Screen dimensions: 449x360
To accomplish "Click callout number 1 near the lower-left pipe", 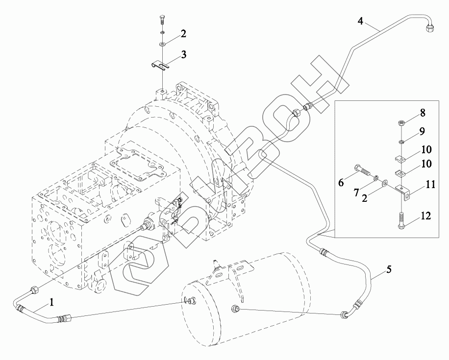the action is click(x=52, y=302).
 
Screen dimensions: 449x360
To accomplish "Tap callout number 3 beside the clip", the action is click(x=183, y=54).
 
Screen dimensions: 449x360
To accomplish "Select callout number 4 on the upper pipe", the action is click(x=360, y=21).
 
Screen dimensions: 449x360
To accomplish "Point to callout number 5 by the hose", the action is click(x=389, y=269).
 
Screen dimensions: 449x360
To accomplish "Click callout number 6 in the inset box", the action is click(x=341, y=182).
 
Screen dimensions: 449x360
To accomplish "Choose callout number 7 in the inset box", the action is click(x=356, y=192).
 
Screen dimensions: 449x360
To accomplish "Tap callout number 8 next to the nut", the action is click(x=423, y=113).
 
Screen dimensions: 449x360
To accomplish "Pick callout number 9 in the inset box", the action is click(x=422, y=131).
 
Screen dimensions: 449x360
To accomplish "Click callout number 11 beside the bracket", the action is click(x=430, y=185).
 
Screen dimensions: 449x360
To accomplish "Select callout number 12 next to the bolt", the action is click(x=426, y=216).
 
